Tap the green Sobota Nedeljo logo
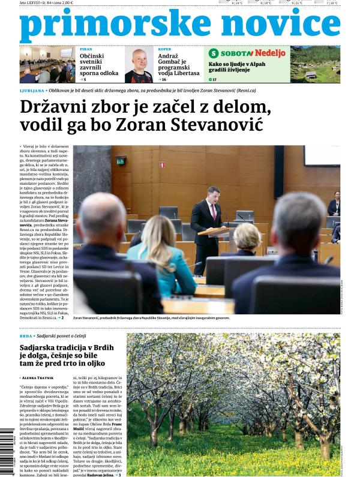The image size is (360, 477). click(247, 53)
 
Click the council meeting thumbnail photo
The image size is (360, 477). click(46, 65)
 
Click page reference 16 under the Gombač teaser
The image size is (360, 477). click(163, 79)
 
